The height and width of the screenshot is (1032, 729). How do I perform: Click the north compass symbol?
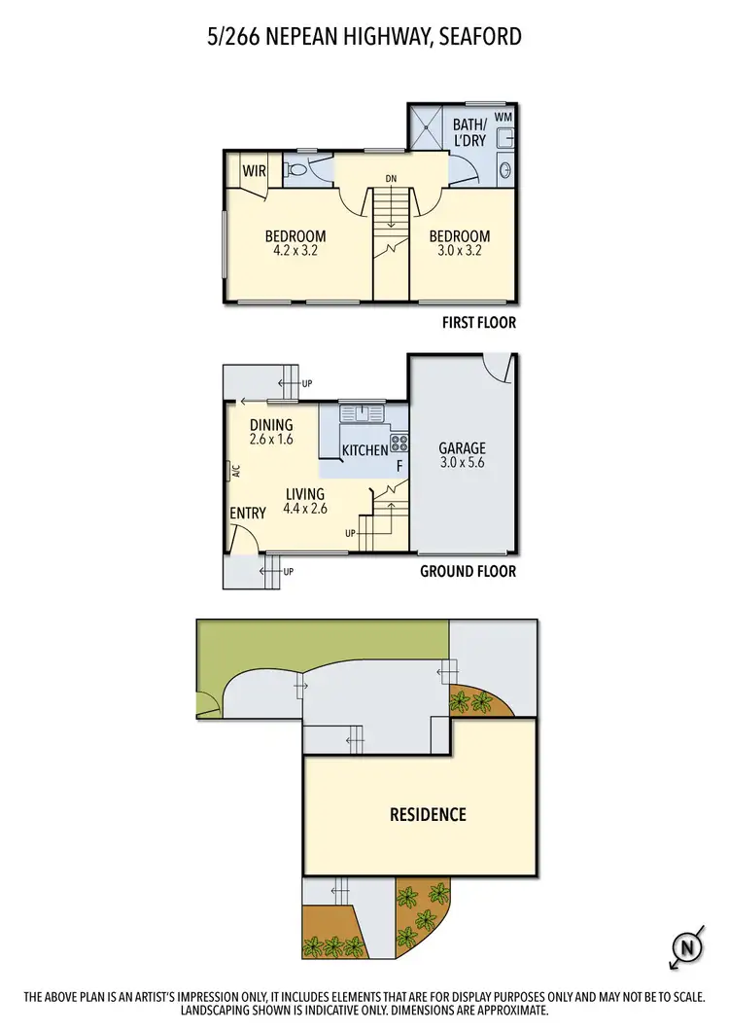click(x=685, y=946)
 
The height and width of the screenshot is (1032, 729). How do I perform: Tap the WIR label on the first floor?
click(x=255, y=171)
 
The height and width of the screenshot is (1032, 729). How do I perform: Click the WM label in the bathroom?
click(x=503, y=118)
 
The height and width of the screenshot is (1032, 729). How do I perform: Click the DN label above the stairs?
click(x=391, y=178)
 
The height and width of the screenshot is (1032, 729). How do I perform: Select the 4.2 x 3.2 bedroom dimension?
click(x=295, y=250)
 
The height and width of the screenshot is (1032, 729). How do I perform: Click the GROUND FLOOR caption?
click(x=468, y=572)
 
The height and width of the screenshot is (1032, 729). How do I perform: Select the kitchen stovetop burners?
click(x=399, y=445)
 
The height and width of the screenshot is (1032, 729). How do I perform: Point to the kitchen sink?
click(x=361, y=412)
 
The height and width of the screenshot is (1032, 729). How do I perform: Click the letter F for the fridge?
click(x=399, y=467)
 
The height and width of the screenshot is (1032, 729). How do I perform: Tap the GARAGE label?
click(x=462, y=448)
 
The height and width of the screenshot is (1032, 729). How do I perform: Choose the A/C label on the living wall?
click(x=234, y=473)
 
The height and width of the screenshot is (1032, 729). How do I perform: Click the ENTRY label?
click(x=248, y=514)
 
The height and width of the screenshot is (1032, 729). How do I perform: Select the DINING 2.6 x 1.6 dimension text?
click(x=271, y=440)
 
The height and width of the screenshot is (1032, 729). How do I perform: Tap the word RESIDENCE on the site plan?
click(x=429, y=814)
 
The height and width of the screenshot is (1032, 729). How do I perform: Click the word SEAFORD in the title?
click(x=481, y=37)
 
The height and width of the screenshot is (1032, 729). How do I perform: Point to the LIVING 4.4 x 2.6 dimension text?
click(x=303, y=508)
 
